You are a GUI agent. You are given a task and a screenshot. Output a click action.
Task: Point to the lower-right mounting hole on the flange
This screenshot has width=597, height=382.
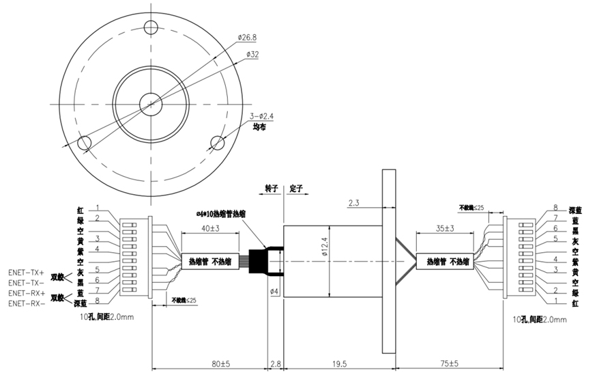[x=218, y=142]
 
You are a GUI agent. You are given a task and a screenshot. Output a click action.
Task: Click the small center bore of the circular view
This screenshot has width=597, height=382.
[x=150, y=104]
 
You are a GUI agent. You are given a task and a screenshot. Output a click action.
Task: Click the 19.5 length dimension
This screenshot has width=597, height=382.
[x=338, y=365]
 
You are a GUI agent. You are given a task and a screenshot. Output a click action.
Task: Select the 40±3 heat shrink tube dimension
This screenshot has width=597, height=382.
[x=210, y=228]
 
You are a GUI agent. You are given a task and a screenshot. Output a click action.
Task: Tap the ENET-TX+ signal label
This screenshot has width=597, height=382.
[x=26, y=271]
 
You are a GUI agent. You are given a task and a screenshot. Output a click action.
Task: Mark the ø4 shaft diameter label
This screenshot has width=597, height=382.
[x=274, y=291]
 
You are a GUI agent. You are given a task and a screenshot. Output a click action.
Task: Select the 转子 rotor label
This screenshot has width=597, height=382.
[x=272, y=187]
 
